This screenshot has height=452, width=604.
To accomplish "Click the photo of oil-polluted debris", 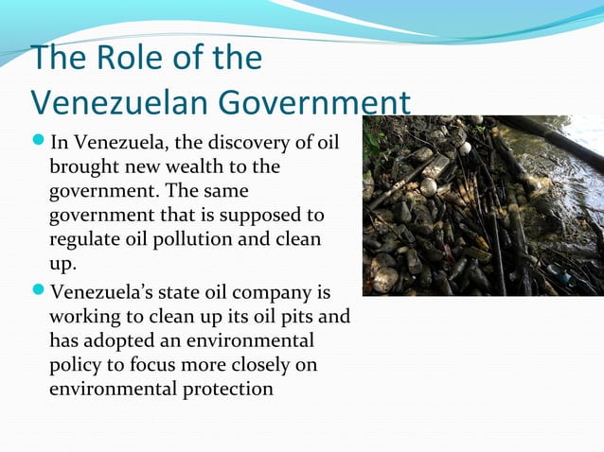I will [483, 205].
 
